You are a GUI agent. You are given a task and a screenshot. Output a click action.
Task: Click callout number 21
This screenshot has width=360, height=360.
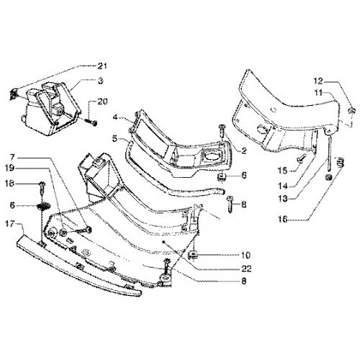pyautogui.click(x=102, y=66)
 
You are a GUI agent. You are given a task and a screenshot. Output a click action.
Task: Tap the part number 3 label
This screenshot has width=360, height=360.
pyautogui.click(x=101, y=81)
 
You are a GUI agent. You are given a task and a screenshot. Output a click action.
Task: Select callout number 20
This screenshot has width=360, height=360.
pyautogui.click(x=102, y=102)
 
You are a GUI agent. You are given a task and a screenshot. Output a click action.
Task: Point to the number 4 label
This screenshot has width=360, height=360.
pyautogui.click(x=115, y=117)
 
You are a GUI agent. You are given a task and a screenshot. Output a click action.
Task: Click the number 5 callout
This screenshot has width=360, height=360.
pyautogui.click(x=115, y=138)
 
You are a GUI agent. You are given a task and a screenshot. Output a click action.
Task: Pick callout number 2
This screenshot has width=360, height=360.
pyautogui.click(x=244, y=150)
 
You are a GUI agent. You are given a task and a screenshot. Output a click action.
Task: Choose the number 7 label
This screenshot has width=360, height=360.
pyautogui.click(x=12, y=158)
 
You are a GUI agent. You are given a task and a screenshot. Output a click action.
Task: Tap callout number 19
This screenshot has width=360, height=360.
pyautogui.click(x=10, y=168)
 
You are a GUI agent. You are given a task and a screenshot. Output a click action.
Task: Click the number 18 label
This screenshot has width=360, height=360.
pyautogui.click(x=10, y=184)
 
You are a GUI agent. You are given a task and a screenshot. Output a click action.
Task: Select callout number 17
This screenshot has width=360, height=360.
pyautogui.click(x=10, y=224)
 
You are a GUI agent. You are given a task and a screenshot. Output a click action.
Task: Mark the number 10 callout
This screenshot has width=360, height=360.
pyautogui.click(x=246, y=255)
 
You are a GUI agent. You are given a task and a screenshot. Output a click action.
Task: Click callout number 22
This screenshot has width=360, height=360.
pyautogui.click(x=246, y=269)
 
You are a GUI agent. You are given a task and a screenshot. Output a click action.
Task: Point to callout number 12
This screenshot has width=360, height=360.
pyautogui.click(x=318, y=81)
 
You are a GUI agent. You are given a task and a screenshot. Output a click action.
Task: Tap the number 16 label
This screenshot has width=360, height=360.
pyautogui.click(x=283, y=219)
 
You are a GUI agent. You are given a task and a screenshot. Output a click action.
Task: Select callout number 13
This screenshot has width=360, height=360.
pyautogui.click(x=283, y=199)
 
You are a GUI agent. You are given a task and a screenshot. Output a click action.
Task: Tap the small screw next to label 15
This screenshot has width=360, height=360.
pyautogui.click(x=300, y=158)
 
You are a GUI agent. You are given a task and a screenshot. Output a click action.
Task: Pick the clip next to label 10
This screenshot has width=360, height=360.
pyautogui.click(x=193, y=255)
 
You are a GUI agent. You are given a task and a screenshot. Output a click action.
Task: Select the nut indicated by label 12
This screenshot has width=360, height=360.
pyautogui.click(x=351, y=111)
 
